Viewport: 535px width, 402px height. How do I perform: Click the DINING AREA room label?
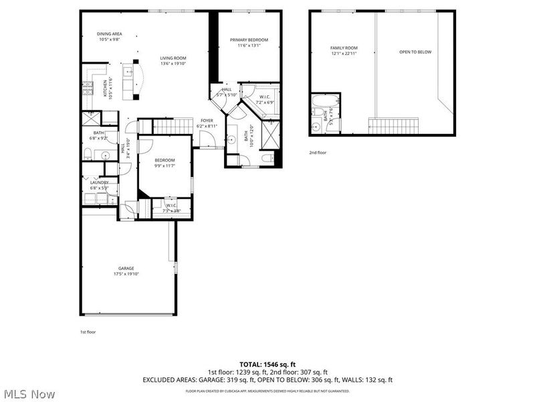click(x=109, y=34)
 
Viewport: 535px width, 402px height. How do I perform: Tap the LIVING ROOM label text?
click(x=173, y=58)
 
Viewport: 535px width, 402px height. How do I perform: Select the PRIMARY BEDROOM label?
click(x=244, y=40)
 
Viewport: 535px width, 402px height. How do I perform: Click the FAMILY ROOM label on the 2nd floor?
click(x=344, y=48)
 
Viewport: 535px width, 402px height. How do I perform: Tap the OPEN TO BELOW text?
click(x=415, y=52)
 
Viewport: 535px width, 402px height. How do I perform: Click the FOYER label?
click(x=207, y=121)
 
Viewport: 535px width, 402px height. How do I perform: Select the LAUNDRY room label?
click(x=99, y=183)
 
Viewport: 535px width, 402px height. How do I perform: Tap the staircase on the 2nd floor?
click(x=394, y=125)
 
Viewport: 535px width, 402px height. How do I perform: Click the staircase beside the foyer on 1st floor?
click(x=173, y=126)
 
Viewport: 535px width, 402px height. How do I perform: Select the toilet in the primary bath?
click(x=265, y=158)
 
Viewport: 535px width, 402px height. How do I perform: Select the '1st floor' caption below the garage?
click(x=88, y=332)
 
